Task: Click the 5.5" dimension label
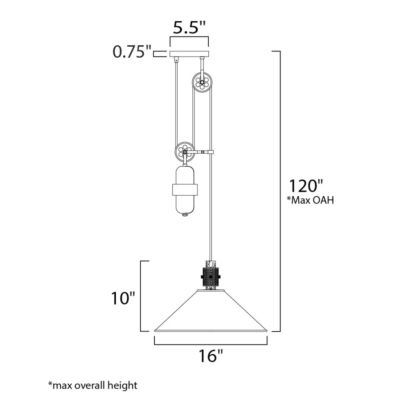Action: click(189, 28)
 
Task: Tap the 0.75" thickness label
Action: click(132, 52)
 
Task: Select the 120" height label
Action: click(306, 186)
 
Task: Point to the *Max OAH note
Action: click(310, 200)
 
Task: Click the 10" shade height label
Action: click(123, 298)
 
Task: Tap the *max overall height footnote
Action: click(93, 385)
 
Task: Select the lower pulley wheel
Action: click(185, 152)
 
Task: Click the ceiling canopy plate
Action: click(189, 54)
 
